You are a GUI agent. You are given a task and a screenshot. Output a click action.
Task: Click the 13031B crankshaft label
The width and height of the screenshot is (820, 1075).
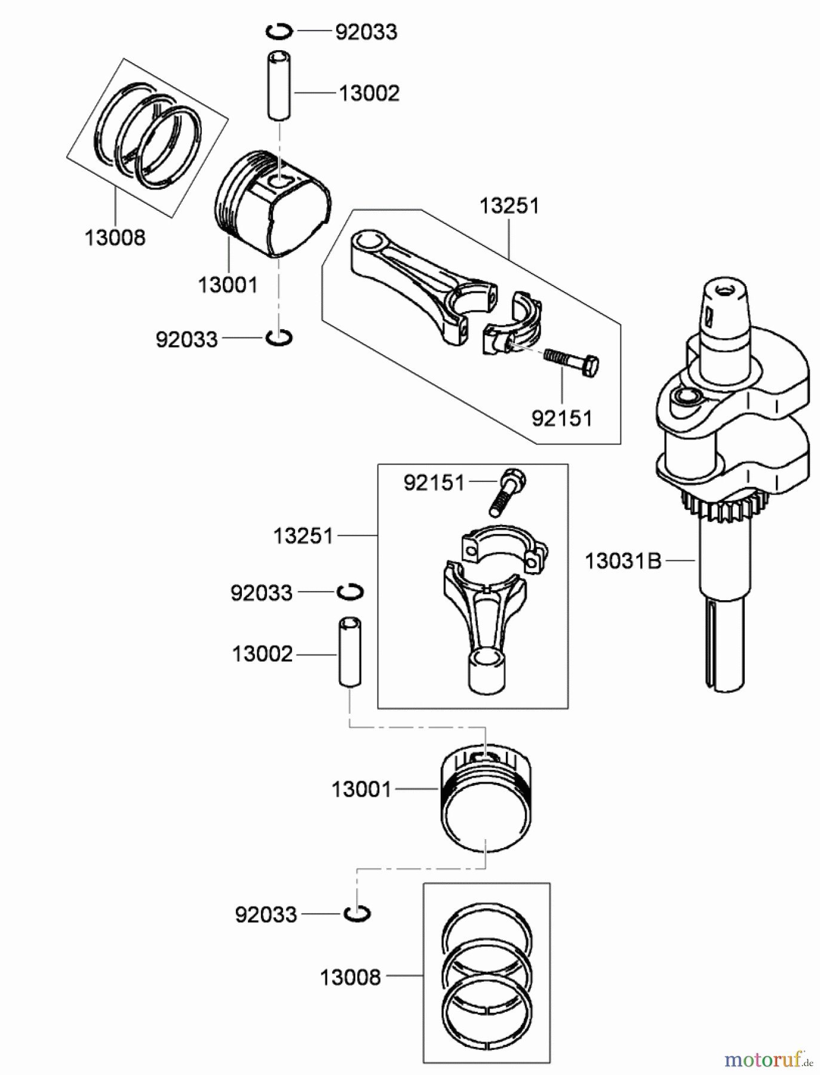(623, 561)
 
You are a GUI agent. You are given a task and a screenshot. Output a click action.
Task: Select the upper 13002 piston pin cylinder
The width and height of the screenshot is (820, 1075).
(279, 86)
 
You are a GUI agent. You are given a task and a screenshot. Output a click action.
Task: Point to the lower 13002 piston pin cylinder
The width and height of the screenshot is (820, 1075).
(350, 653)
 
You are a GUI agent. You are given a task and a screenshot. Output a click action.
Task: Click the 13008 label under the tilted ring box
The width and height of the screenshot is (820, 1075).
(115, 238)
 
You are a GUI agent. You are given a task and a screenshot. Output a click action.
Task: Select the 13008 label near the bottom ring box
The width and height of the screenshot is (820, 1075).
(351, 978)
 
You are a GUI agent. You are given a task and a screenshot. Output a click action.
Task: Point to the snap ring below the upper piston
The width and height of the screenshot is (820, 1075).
(279, 338)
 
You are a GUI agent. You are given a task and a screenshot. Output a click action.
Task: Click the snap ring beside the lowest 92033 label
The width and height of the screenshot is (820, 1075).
(357, 914)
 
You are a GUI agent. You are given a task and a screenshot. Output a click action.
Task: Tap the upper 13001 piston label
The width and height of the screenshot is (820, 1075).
(228, 285)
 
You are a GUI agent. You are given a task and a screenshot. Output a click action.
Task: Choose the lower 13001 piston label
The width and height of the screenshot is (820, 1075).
(361, 790)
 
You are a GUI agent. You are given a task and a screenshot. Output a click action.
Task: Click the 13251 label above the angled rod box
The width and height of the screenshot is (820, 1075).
(509, 206)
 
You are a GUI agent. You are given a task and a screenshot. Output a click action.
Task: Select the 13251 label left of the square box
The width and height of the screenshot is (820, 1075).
(303, 536)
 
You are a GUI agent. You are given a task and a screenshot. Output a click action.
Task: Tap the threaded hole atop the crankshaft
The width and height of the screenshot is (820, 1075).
(725, 290)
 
